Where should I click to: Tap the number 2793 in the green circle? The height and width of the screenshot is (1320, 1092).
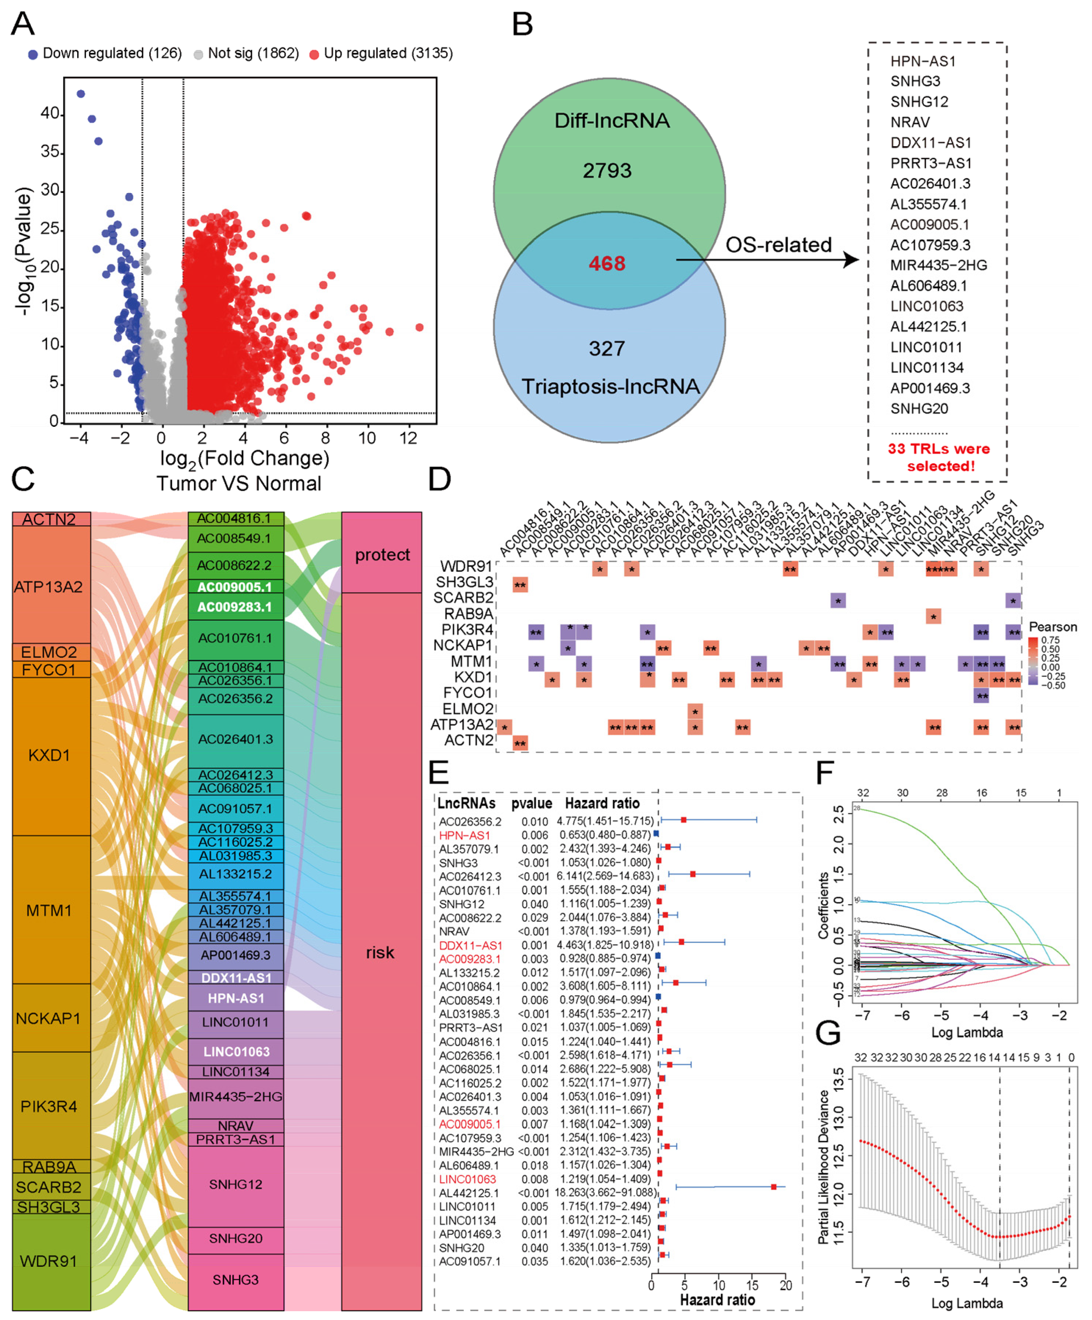[607, 170]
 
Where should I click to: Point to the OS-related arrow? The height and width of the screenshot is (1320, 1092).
[767, 259]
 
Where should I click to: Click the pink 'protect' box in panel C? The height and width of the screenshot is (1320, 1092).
[382, 554]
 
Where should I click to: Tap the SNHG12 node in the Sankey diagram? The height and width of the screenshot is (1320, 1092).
[236, 1184]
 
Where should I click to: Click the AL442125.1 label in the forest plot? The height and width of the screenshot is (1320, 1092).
[468, 1193]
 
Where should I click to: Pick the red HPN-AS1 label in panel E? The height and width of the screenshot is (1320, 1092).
[464, 835]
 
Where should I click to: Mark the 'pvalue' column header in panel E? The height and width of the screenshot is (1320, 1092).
[531, 803]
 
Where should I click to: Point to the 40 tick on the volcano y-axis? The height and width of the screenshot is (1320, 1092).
[50, 113]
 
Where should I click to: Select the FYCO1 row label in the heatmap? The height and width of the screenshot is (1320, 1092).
[468, 693]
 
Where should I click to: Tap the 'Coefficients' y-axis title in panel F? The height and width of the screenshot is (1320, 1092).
[823, 906]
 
